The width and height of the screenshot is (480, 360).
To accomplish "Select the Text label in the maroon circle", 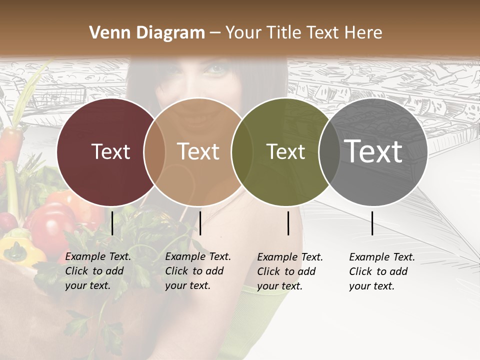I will [110, 151].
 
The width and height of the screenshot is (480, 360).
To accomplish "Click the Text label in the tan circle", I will [198, 151].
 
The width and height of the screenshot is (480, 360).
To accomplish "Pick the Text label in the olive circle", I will [285, 151].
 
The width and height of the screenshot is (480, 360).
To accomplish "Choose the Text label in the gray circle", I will [373, 151].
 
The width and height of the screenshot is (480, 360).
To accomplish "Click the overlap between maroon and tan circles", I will [154, 152].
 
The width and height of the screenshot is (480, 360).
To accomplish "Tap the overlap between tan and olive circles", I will [242, 152].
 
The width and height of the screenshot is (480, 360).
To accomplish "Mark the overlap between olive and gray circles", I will [329, 152].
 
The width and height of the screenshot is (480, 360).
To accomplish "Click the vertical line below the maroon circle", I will [112, 223].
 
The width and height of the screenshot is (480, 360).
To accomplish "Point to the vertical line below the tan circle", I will [200, 223].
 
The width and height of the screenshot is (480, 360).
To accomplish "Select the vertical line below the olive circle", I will [288, 223].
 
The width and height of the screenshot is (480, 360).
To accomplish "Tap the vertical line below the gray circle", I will [372, 223].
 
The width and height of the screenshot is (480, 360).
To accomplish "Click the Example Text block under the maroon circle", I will [98, 271].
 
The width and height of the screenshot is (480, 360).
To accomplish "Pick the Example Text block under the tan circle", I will [198, 271].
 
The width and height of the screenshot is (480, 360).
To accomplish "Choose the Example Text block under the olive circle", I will [290, 271].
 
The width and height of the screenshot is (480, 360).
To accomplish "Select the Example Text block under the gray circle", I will [382, 271].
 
